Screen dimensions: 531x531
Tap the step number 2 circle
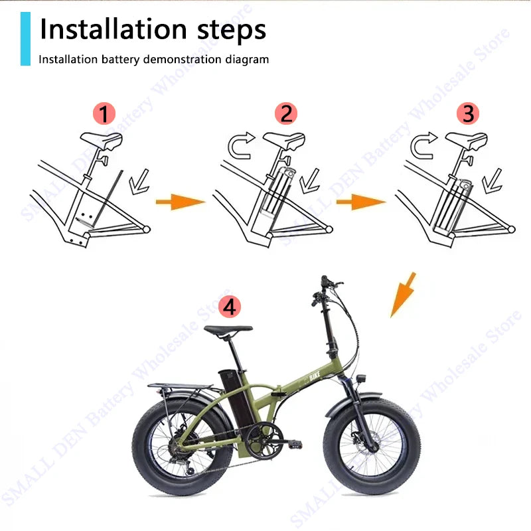pyautogui.click(x=285, y=113)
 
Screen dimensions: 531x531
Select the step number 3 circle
pyautogui.click(x=468, y=113)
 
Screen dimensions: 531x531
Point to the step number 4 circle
pyautogui.click(x=229, y=307)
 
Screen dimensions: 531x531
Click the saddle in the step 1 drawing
pyautogui.click(x=102, y=140)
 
